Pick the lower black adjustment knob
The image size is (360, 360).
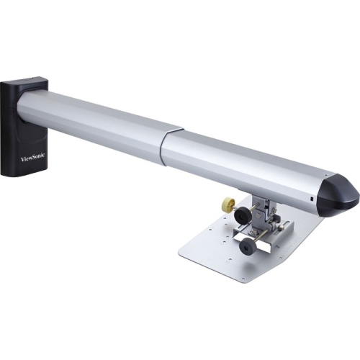click(248, 247)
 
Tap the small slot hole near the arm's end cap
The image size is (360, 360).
click(311, 197)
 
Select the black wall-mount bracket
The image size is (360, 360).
click(22, 130)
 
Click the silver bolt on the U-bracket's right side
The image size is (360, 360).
click(287, 229)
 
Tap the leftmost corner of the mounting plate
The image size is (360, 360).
click(179, 250)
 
